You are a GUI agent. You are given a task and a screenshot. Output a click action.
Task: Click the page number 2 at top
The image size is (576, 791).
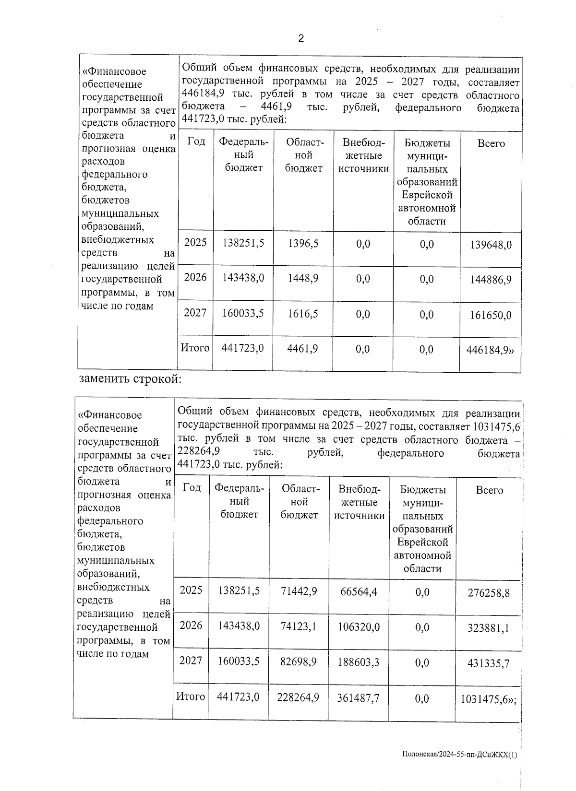[x=301, y=39]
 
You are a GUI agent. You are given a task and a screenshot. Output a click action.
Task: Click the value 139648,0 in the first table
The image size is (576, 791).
[x=491, y=245]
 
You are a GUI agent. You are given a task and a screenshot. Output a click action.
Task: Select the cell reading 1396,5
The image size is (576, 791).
[x=303, y=243]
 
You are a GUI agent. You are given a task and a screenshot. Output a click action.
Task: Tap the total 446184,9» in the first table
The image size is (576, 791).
[x=490, y=350]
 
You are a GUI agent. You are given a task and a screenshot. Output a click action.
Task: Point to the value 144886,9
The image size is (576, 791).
[x=491, y=280]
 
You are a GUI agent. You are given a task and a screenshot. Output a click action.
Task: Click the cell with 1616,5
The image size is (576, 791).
[x=303, y=314]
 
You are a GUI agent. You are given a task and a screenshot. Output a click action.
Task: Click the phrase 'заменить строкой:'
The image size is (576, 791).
[x=130, y=379]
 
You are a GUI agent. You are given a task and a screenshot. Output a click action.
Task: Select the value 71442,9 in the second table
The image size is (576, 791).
[x=299, y=591]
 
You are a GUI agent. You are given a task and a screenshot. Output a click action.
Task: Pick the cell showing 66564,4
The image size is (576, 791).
[x=359, y=591]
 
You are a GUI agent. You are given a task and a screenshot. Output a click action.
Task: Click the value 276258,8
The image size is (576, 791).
[x=489, y=593]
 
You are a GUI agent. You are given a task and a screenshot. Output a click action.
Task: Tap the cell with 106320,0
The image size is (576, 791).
[x=359, y=626]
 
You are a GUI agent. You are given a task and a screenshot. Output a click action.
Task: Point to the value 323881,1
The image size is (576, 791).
[x=489, y=628]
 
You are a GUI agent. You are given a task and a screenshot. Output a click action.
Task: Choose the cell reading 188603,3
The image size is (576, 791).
[x=359, y=662]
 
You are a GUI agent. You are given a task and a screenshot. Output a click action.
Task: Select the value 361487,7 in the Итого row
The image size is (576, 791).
[x=359, y=697]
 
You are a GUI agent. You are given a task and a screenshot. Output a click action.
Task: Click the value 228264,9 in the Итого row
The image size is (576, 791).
[x=299, y=697]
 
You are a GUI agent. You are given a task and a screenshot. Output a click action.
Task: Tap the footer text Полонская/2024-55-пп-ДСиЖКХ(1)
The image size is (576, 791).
[x=460, y=755]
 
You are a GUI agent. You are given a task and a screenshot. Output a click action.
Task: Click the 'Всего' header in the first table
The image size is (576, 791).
[x=491, y=143]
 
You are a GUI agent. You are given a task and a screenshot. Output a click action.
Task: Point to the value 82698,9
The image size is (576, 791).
[x=299, y=662]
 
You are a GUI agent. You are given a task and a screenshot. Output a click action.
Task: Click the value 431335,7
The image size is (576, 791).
[x=489, y=663]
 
